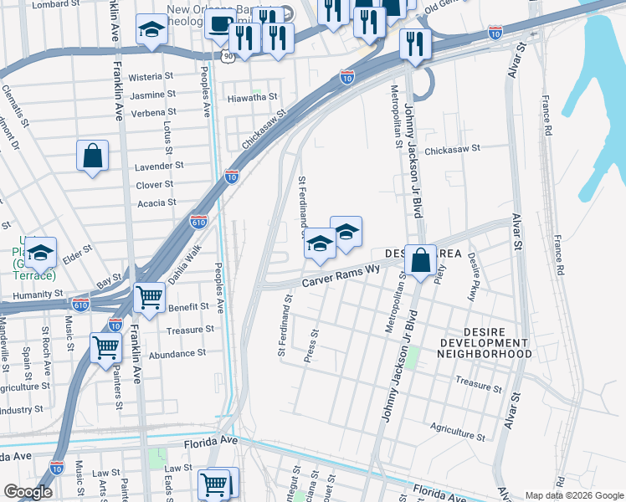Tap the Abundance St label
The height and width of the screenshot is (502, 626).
pyautogui.click(x=176, y=354)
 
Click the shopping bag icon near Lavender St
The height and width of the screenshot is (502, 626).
pyautogui.click(x=92, y=156)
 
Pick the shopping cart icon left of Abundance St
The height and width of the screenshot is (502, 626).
pyautogui.click(x=106, y=347)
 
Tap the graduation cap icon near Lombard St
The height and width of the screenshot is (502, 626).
pyautogui.click(x=151, y=29)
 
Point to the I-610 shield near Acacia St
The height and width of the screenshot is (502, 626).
pyautogui.click(x=198, y=222)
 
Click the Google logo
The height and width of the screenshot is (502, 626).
pyautogui.click(x=28, y=492)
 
